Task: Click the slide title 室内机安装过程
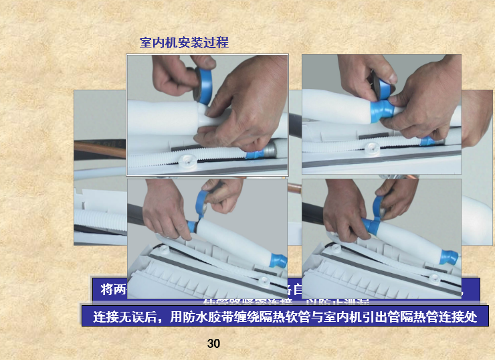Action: point(184,43)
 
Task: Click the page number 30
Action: point(213,344)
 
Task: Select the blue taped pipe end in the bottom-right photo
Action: point(450,256)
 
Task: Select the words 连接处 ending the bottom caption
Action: point(461,317)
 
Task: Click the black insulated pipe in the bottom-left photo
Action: point(147,207)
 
